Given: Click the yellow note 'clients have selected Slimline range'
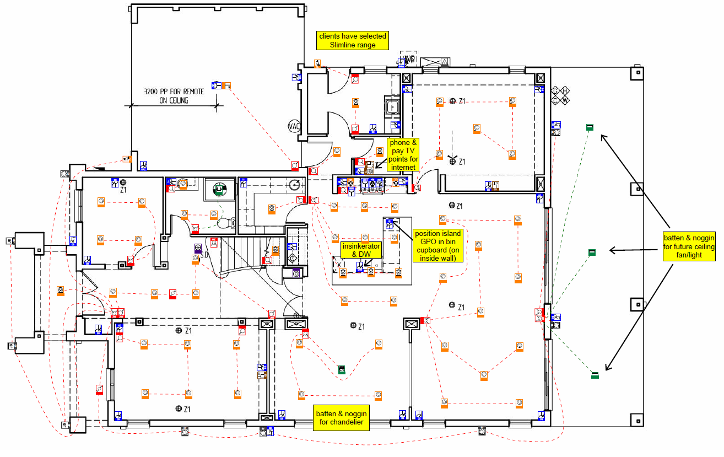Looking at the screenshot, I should (x=353, y=40).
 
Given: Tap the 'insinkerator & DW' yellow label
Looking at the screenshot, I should (x=361, y=250).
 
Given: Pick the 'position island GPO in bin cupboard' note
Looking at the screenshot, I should (x=439, y=246).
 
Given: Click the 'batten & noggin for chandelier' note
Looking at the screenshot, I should (x=341, y=418).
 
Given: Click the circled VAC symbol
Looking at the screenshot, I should (x=294, y=126).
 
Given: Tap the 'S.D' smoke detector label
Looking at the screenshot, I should (x=203, y=255).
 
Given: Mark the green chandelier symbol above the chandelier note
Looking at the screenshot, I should (x=342, y=370).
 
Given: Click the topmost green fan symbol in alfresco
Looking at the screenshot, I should (x=589, y=127).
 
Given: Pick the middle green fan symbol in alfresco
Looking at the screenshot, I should (x=592, y=252).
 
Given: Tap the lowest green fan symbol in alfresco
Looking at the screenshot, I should (x=595, y=375).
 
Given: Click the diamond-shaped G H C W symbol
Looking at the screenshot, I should (x=561, y=95).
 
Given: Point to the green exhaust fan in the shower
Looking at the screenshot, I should (x=219, y=190).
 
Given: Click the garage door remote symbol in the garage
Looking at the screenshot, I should (x=222, y=85).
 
